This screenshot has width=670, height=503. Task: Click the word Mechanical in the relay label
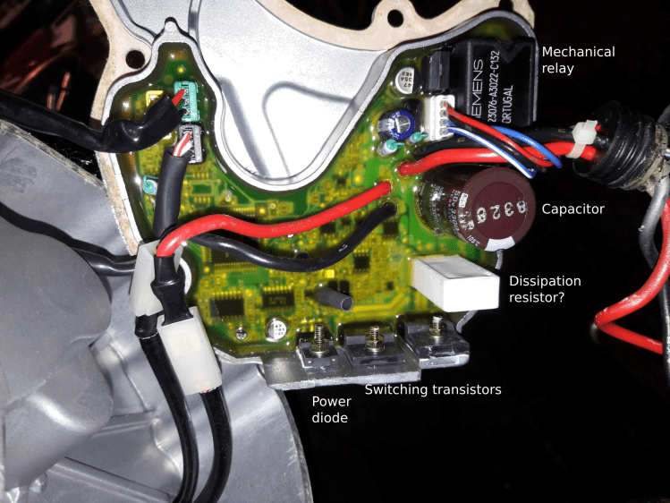coord(579,51)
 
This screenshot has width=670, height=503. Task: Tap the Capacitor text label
coord(573,209)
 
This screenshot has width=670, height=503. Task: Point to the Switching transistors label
coord(433,389)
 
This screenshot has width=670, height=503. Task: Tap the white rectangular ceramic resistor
coord(455,284)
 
